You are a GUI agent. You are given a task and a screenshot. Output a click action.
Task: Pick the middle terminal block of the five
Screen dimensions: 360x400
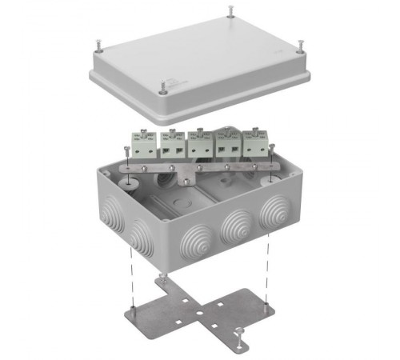[x=198, y=144]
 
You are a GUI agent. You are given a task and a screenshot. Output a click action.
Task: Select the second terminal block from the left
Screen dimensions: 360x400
[x=171, y=144]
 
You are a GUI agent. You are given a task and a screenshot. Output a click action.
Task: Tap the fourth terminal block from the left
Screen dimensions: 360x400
[x=228, y=144]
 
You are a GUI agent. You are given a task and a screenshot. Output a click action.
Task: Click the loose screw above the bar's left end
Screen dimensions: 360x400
[x=128, y=150]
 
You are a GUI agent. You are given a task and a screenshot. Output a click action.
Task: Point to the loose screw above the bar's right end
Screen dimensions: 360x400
[x=273, y=150]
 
